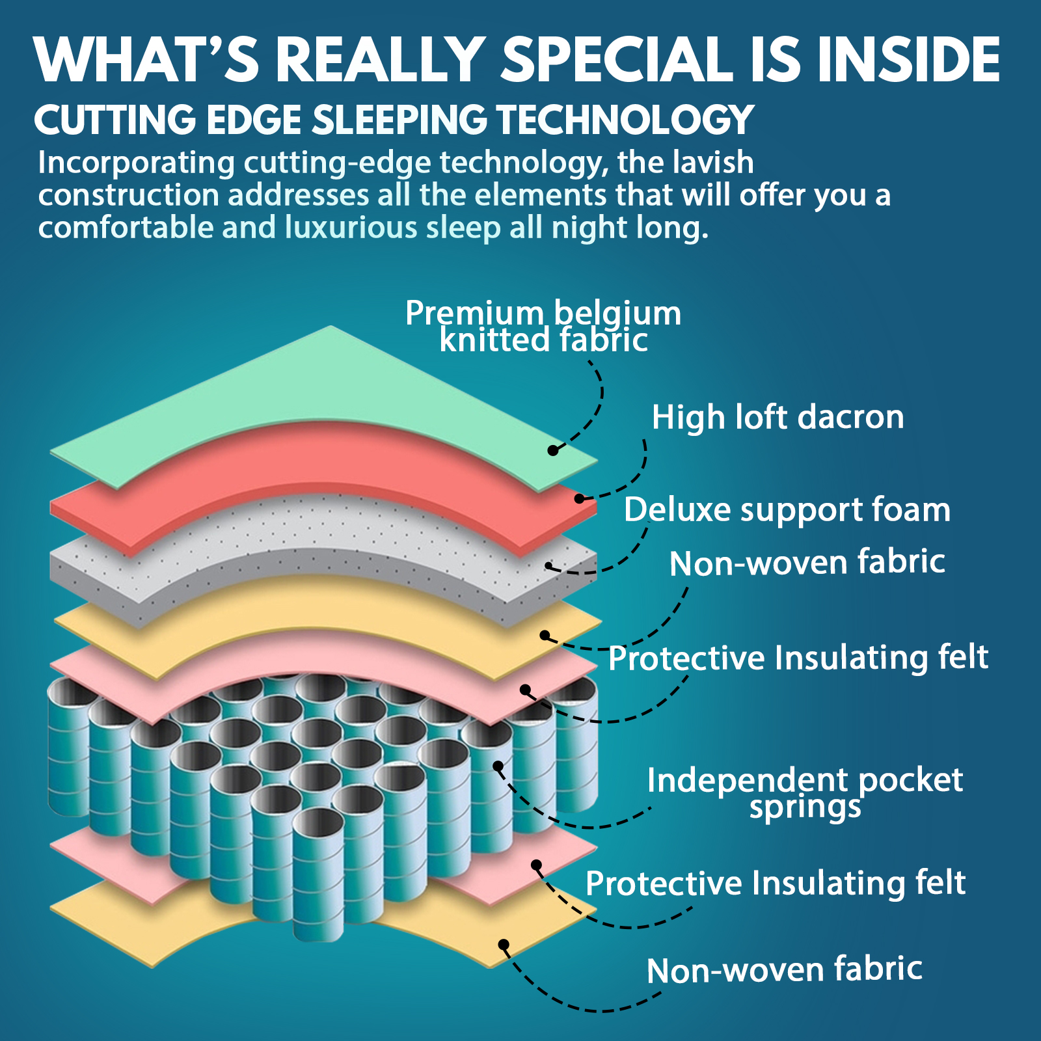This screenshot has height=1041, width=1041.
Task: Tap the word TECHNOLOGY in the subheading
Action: [625, 120]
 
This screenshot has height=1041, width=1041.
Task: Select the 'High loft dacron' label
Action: [777, 417]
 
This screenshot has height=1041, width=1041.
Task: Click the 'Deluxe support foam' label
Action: [787, 509]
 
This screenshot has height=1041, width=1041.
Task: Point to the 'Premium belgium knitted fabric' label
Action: [543, 327]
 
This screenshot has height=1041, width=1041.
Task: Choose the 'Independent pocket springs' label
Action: [805, 792]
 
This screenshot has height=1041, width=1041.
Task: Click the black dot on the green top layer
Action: [552, 450]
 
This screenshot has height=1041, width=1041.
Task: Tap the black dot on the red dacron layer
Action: [579, 499]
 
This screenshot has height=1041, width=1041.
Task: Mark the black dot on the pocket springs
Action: [498, 766]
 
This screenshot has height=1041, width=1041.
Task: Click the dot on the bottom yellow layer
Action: [503, 944]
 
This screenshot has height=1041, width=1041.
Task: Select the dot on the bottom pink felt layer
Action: [536, 865]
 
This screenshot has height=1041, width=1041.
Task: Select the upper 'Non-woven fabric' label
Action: [807, 563]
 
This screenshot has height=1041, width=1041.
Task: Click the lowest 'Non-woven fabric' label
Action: [784, 970]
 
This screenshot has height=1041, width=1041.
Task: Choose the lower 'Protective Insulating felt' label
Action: [775, 884]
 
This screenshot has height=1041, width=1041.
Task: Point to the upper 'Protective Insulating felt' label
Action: [798, 658]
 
